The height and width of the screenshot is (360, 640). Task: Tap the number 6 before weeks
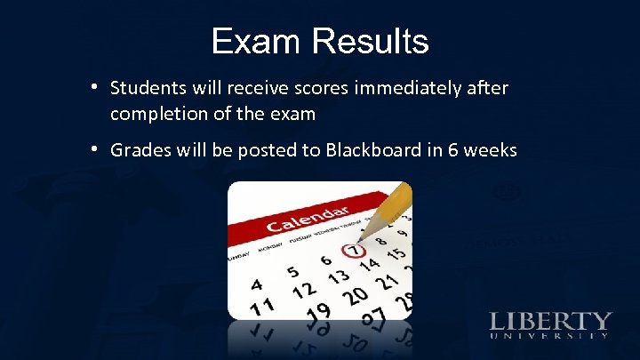(454, 149)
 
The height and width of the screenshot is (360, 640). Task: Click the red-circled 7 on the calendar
(356, 252)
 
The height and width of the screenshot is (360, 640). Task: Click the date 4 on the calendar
(257, 284)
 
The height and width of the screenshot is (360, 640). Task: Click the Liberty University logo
(548, 324)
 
